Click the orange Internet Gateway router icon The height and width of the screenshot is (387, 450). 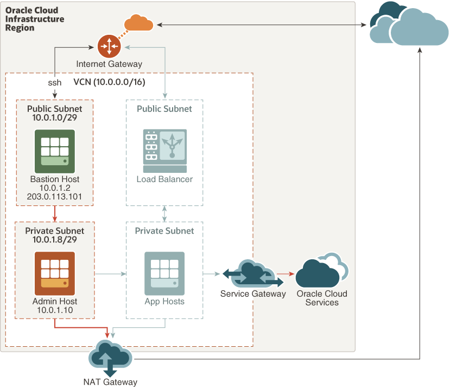click(110, 46)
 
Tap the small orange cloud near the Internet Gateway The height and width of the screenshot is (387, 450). click(138, 23)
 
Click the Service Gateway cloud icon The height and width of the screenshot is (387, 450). click(252, 274)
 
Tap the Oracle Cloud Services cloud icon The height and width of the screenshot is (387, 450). click(321, 271)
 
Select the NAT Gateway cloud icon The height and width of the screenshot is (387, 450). click(111, 358)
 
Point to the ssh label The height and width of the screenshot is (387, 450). click(54, 83)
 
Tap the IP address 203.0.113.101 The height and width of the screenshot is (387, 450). click(54, 197)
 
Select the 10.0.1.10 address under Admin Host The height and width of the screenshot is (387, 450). click(54, 310)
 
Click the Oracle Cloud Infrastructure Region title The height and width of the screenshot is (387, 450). click(35, 19)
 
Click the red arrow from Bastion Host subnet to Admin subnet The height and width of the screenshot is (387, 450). click(55, 214)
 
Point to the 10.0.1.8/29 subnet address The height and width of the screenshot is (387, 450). click(54, 239)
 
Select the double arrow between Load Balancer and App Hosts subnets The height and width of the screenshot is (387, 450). click(164, 214)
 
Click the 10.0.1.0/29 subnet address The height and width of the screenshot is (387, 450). click(54, 117)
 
